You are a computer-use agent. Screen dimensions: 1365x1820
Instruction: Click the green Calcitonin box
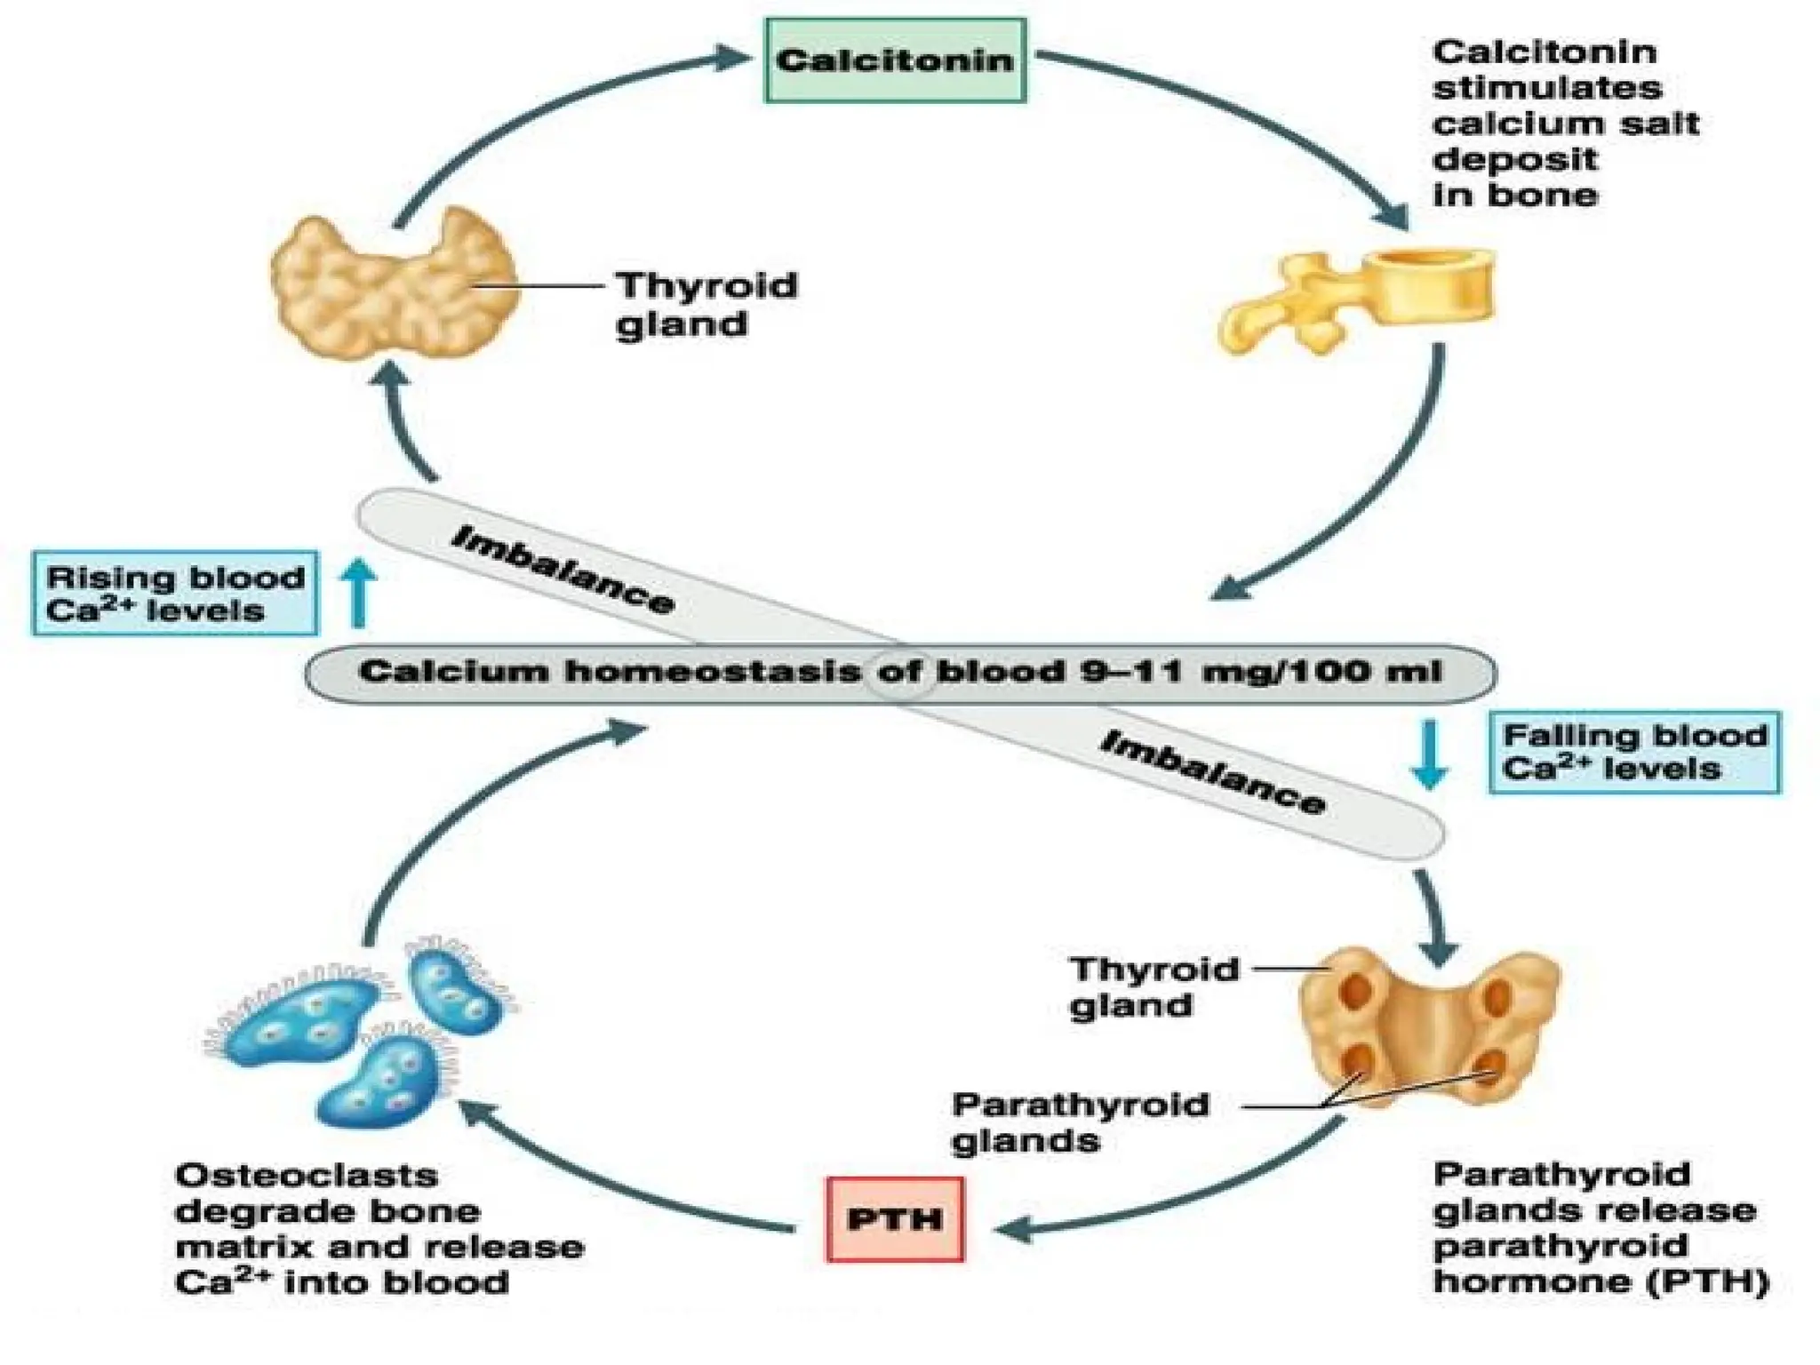click(x=895, y=60)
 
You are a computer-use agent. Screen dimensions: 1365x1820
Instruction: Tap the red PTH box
click(x=894, y=1218)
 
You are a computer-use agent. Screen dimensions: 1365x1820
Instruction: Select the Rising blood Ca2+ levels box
click(x=175, y=594)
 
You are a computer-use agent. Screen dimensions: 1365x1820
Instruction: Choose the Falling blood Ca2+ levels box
click(x=1634, y=752)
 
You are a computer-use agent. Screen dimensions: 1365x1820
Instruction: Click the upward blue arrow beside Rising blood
click(x=359, y=593)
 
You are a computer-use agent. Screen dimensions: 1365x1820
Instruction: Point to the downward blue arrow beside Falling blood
click(x=1430, y=755)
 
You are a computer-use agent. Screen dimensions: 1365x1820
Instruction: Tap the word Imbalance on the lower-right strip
click(x=1212, y=773)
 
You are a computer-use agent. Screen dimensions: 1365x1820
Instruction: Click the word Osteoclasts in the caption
click(x=307, y=1176)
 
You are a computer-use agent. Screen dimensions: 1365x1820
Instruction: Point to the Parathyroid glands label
click(x=1079, y=1122)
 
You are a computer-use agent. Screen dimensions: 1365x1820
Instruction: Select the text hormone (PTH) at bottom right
click(x=1600, y=1281)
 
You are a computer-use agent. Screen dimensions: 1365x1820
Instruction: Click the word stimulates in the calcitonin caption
click(x=1546, y=88)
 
